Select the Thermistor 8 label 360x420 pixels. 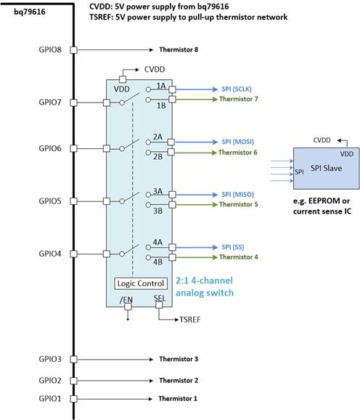click(x=179, y=50)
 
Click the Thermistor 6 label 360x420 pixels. click(x=239, y=153)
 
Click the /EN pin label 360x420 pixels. click(x=128, y=299)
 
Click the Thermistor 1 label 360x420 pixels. click(x=179, y=399)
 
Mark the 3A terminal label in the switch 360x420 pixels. click(x=157, y=192)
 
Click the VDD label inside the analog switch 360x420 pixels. click(x=122, y=89)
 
